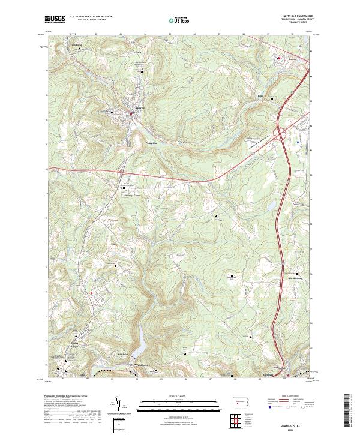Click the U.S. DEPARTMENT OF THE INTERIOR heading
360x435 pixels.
click(91, 17)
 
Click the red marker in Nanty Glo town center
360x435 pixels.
click(133, 113)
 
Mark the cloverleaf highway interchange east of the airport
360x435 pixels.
click(280, 133)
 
